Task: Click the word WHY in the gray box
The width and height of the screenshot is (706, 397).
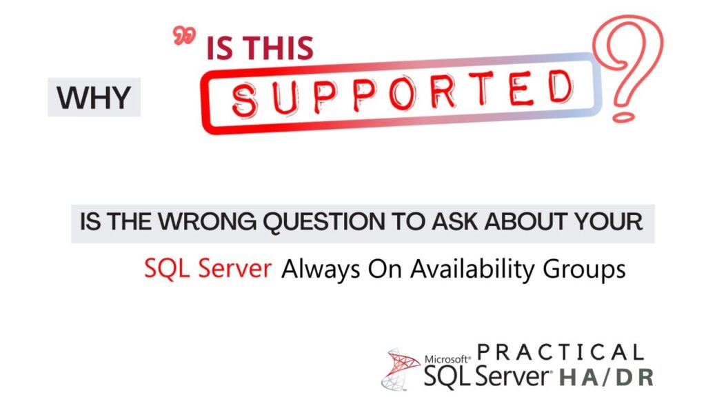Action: pyautogui.click(x=94, y=99)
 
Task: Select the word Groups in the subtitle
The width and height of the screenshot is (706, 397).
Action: pyautogui.click(x=587, y=268)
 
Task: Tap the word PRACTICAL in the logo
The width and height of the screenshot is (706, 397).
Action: pyautogui.click(x=560, y=352)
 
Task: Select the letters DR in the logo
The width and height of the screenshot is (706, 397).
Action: pyautogui.click(x=635, y=377)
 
